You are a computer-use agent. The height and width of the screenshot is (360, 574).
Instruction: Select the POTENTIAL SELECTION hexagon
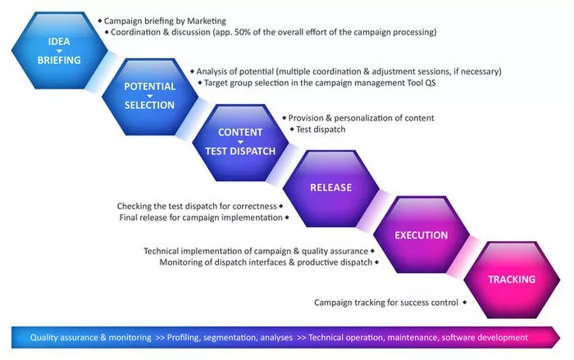coord(149,95)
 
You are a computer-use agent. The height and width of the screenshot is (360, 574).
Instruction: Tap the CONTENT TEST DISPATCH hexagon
coord(240,141)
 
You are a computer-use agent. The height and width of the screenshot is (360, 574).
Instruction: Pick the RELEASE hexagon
coord(330,187)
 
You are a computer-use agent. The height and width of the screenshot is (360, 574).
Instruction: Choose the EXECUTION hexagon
coord(421,235)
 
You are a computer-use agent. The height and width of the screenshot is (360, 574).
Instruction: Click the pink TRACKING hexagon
coord(512,280)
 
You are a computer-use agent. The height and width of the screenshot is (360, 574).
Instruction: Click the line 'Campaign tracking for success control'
coord(386,303)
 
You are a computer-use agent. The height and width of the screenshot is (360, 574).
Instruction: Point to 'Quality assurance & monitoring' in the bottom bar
coord(90,337)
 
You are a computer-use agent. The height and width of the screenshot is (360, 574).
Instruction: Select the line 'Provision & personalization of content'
coord(361,118)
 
